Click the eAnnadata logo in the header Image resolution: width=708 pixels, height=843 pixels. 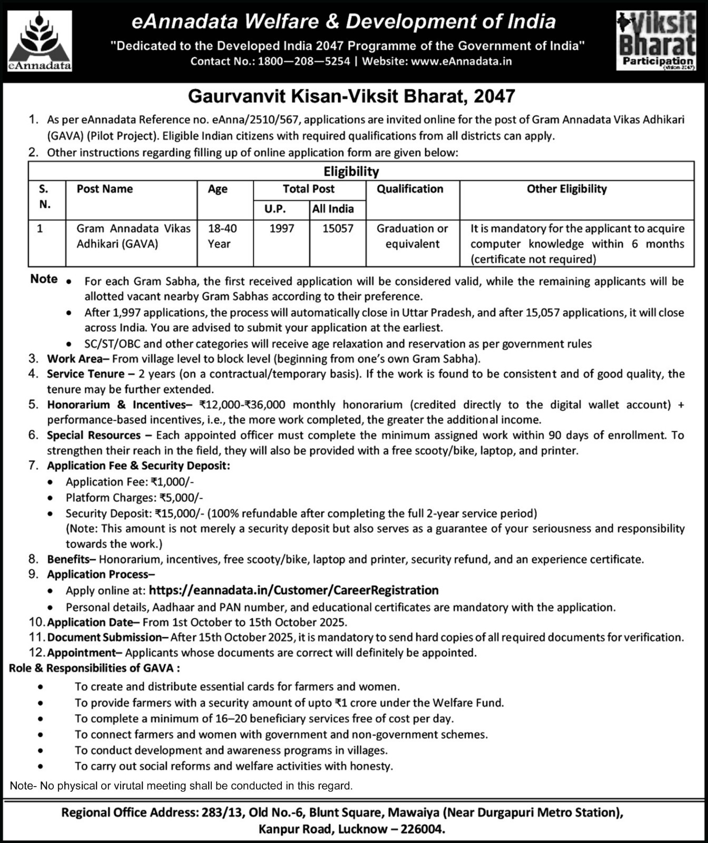40,41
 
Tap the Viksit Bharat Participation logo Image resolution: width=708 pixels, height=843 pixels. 656,41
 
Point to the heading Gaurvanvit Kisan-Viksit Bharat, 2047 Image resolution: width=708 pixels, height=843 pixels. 351,96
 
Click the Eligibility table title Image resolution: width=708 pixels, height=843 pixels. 351,171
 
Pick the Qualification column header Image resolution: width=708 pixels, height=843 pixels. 410,189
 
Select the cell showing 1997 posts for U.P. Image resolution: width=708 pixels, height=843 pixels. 281,229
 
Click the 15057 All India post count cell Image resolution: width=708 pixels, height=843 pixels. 338,229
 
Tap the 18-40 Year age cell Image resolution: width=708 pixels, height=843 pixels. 222,236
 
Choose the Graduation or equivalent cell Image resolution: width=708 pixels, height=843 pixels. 412,236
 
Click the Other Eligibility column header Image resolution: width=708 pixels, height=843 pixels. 567,189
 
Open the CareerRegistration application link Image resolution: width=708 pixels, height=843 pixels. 293,590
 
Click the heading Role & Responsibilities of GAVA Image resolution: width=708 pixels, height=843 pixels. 94,668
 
